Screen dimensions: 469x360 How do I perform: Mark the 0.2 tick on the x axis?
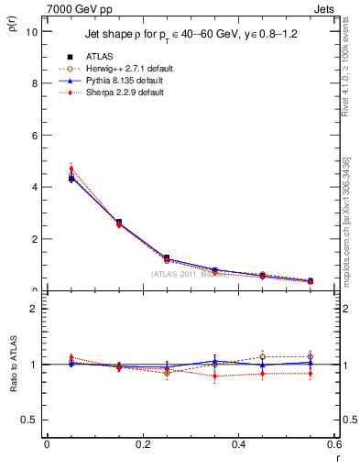(x=142, y=443)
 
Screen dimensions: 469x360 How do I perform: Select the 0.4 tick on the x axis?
(x=239, y=443)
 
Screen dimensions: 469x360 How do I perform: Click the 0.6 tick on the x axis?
(x=333, y=443)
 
